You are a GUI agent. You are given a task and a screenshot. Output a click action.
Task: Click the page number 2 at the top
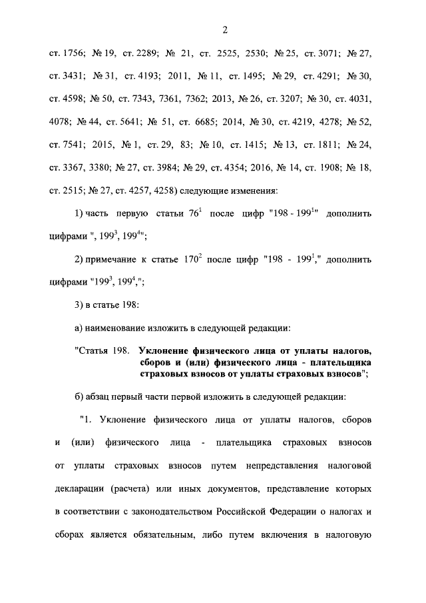click(226, 30)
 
